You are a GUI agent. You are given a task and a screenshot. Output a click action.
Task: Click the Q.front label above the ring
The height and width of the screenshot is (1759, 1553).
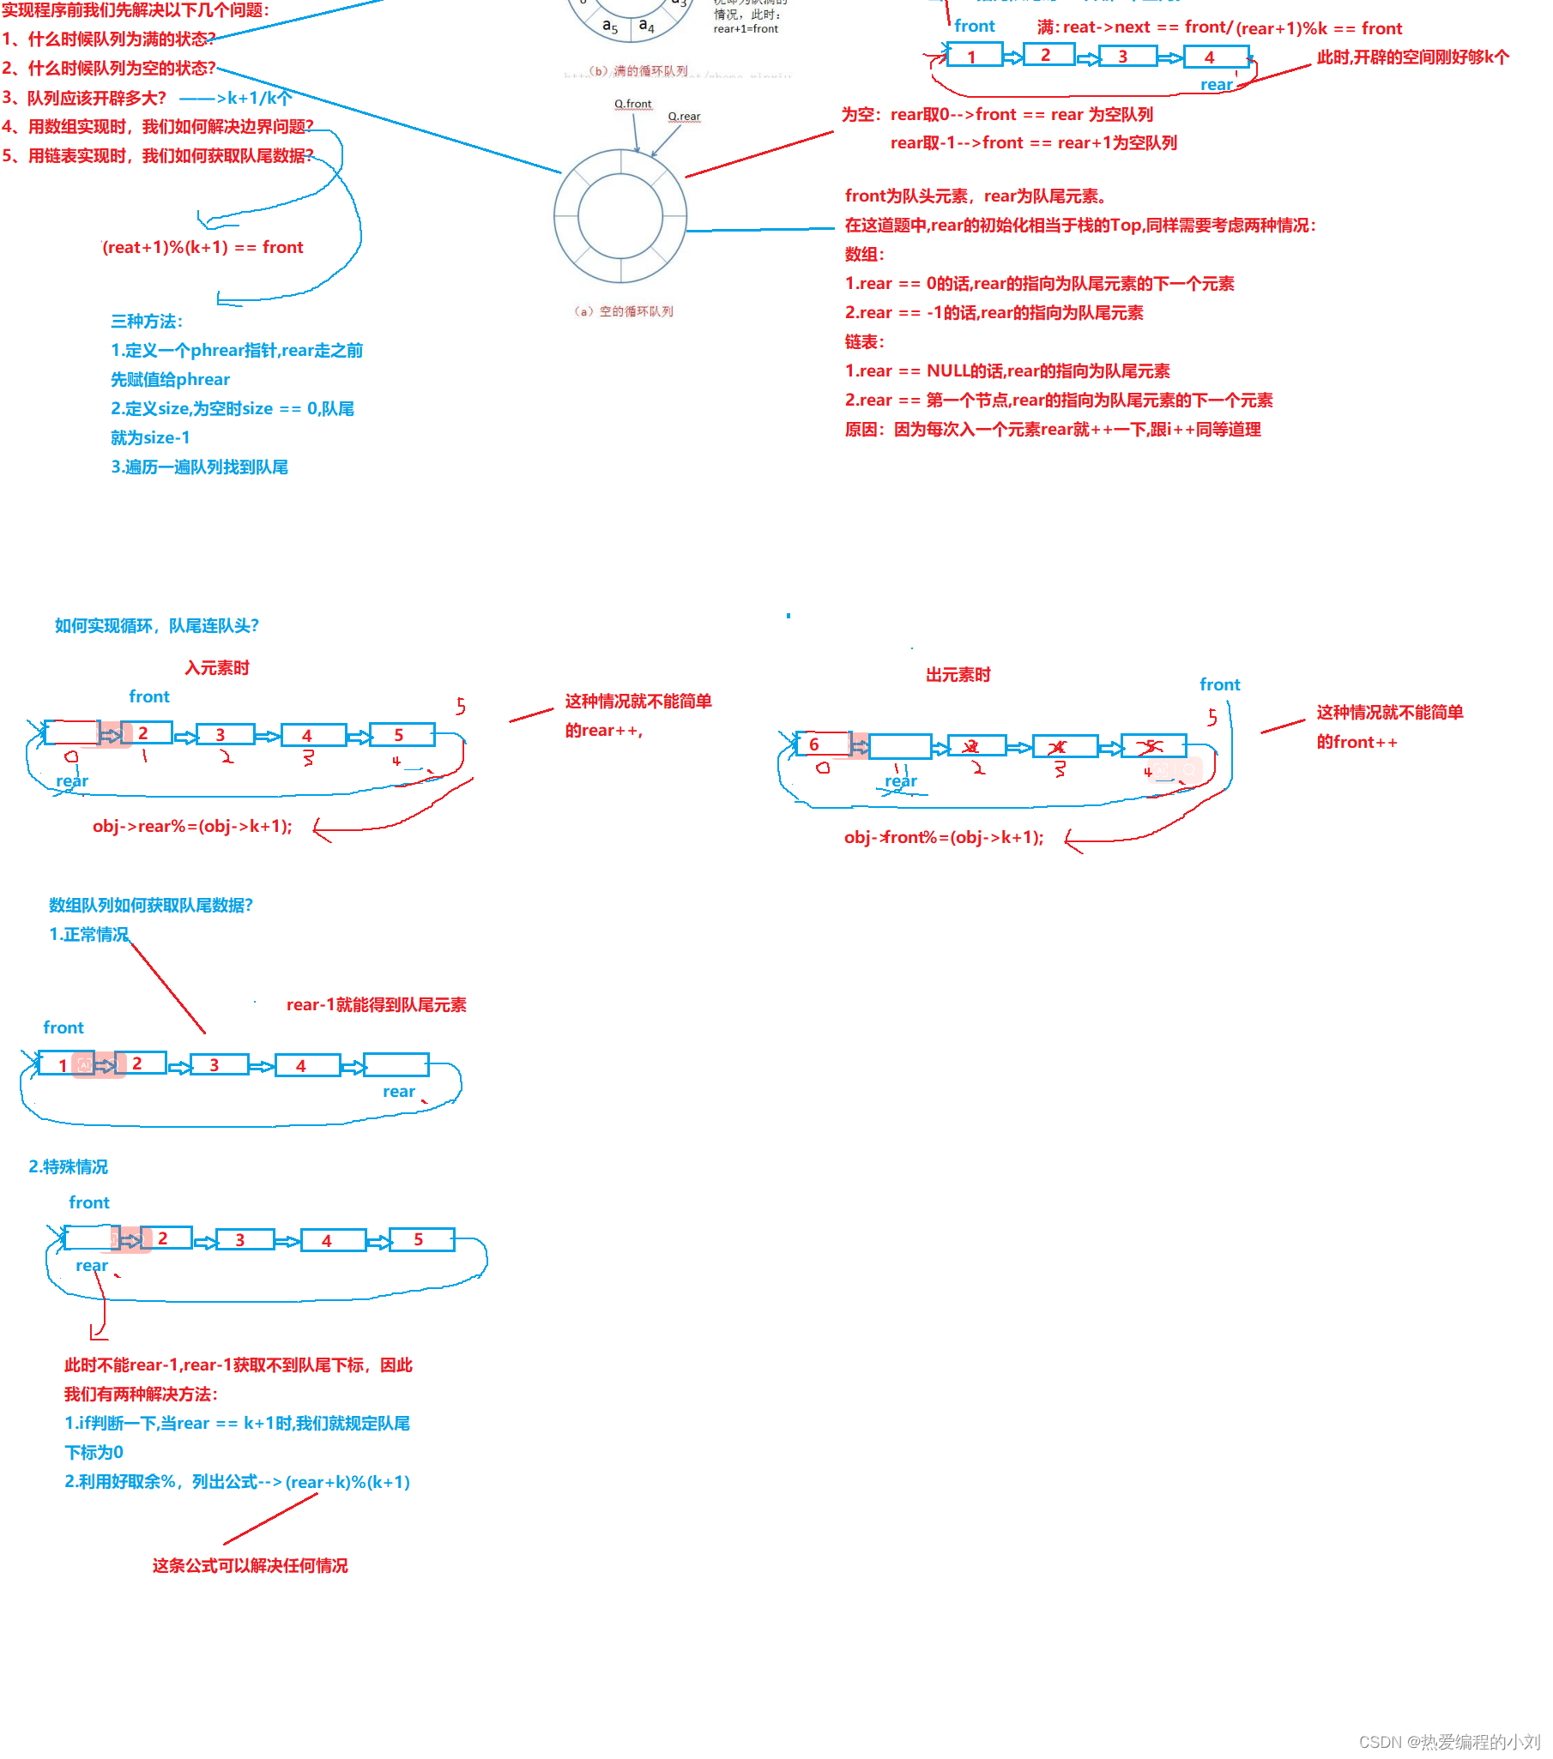coord(632,104)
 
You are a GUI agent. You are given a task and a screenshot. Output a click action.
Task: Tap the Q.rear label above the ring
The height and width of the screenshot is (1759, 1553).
coord(684,116)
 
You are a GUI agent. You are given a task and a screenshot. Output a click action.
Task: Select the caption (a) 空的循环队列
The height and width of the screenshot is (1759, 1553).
coord(623,311)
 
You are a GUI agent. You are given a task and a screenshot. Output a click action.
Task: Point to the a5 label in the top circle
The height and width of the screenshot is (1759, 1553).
coord(609,26)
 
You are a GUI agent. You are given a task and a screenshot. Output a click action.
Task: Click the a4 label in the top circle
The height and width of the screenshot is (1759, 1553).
coord(645,26)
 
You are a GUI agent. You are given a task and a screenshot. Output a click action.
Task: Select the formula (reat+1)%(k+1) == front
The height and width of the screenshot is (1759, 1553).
coord(202,248)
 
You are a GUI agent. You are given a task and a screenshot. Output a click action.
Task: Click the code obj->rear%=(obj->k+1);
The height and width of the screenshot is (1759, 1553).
coord(192,826)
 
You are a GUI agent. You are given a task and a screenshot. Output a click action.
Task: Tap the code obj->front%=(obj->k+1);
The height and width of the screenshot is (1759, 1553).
coord(944,837)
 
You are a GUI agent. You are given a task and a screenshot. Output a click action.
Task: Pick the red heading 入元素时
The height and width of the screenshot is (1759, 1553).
coord(217,668)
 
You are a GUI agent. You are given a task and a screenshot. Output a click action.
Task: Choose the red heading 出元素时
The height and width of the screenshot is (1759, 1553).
coord(958,675)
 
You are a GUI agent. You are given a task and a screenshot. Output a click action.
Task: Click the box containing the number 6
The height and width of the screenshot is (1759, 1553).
coord(821,744)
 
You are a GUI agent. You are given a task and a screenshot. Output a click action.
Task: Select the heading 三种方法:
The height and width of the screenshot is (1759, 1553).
coord(147,322)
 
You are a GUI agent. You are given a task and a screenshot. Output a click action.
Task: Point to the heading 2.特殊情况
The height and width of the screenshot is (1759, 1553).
coord(68,1167)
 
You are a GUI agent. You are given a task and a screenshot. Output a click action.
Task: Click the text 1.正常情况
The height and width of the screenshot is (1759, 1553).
coord(88,935)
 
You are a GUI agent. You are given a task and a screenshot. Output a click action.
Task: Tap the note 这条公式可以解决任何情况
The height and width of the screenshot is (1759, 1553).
coord(250,1565)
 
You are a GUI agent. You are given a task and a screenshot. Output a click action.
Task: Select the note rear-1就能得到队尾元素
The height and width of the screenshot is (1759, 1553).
coord(376,1005)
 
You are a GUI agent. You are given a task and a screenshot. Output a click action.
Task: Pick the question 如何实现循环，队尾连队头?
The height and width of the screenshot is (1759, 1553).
coord(157,625)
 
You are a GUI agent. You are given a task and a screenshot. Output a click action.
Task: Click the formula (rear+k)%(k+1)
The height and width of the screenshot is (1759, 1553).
coord(347,1482)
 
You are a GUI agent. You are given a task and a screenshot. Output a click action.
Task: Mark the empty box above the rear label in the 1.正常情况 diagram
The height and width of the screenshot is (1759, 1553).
coord(396,1064)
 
